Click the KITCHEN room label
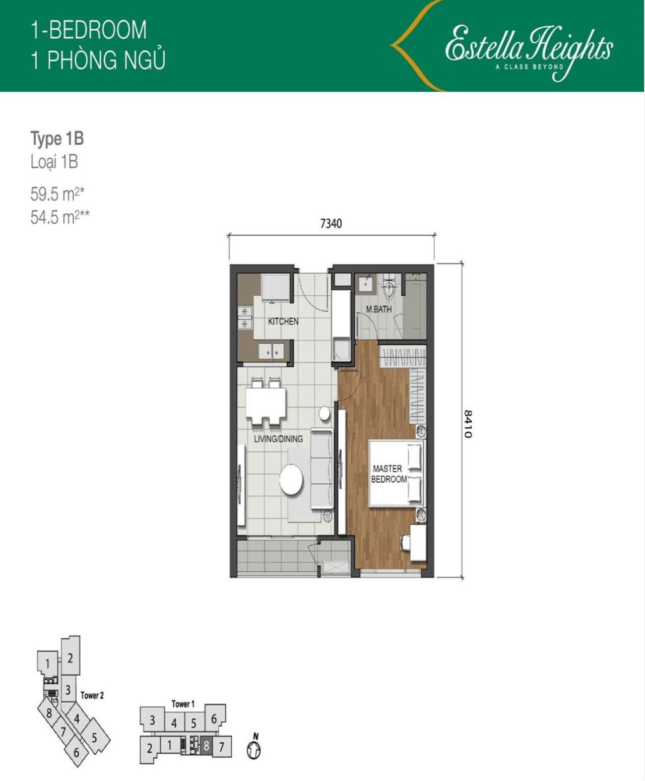click(283, 321)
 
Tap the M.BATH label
click(378, 309)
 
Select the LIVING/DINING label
click(278, 438)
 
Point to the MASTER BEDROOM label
click(389, 474)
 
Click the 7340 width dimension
click(331, 223)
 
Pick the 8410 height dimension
click(468, 424)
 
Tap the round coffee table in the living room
click(291, 480)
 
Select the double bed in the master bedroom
click(397, 473)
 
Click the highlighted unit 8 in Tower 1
click(207, 747)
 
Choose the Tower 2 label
click(92, 695)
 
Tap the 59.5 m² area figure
click(57, 194)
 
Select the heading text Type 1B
click(57, 139)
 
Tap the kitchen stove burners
click(245, 317)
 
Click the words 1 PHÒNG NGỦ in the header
click(98, 60)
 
